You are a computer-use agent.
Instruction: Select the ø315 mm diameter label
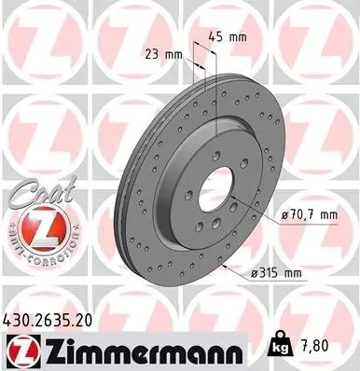(276, 273)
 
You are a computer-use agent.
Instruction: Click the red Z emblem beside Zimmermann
(21, 350)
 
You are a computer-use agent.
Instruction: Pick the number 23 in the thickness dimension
(152, 53)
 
